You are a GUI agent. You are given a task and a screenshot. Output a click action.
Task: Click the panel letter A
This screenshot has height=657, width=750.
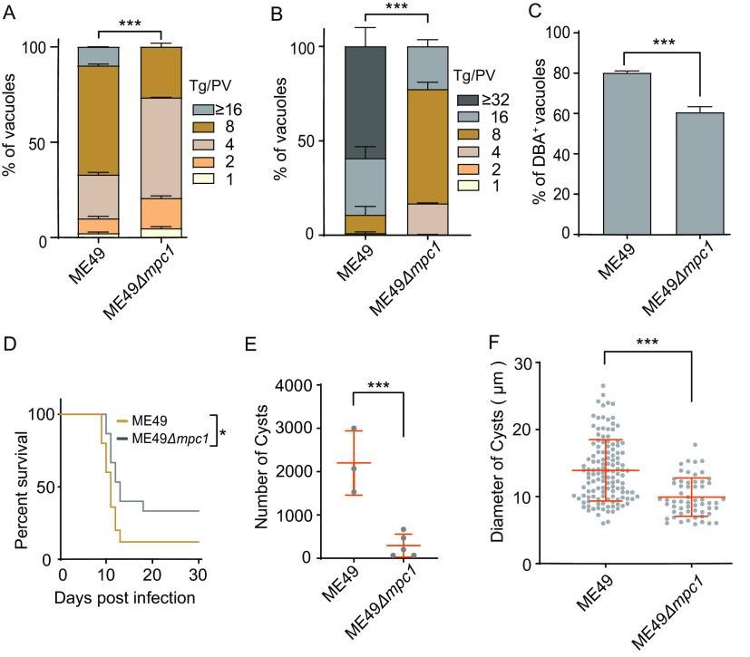[9, 11]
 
